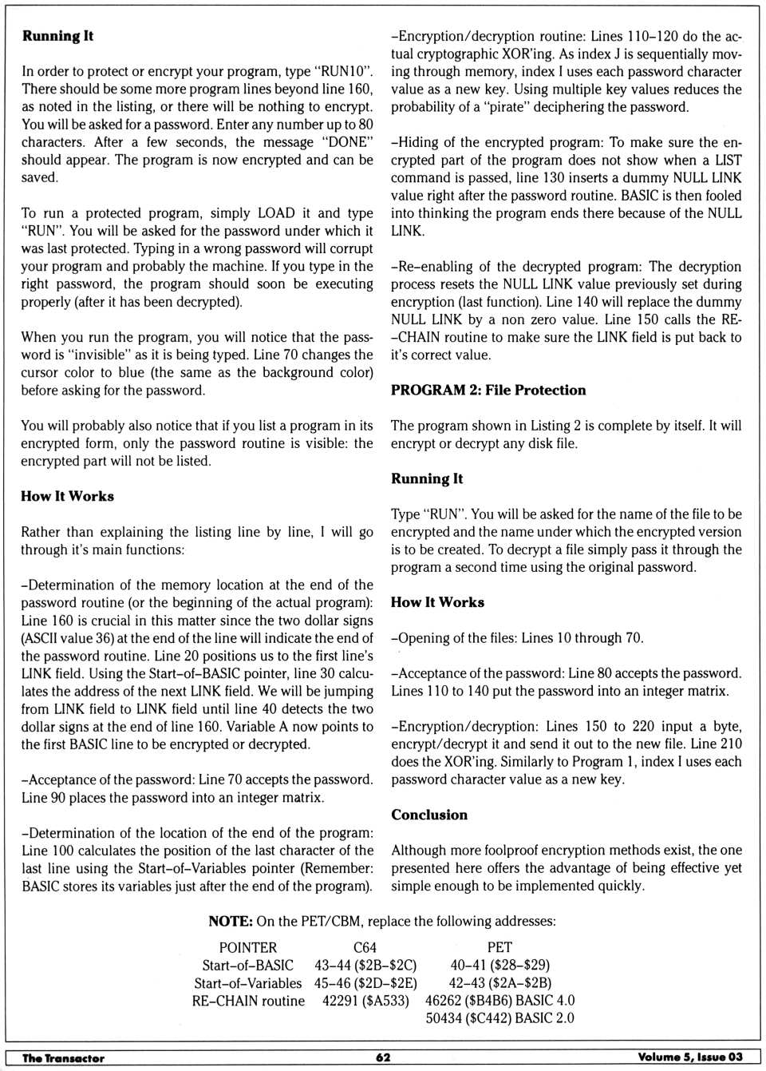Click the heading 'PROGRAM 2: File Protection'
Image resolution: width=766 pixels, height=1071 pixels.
click(x=488, y=391)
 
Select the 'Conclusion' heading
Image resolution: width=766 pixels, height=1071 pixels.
click(x=429, y=815)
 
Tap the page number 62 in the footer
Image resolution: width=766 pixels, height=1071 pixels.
click(x=383, y=1057)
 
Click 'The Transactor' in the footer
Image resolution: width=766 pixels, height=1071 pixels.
click(x=63, y=1058)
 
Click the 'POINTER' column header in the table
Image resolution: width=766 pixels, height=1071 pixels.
click(x=247, y=948)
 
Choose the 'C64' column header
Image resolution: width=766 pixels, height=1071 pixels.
click(x=365, y=948)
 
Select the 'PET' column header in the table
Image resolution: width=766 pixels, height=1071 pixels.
click(x=499, y=948)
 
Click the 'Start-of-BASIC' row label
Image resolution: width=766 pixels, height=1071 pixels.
click(x=247, y=966)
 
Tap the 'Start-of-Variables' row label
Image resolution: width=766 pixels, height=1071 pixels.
click(x=247, y=983)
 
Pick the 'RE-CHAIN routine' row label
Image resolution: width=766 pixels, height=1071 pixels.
click(x=247, y=1001)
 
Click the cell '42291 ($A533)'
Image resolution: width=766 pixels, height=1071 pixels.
click(x=365, y=1001)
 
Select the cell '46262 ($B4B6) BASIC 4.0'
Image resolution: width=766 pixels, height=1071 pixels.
click(x=499, y=1001)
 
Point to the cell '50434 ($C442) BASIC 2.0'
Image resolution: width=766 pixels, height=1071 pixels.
click(x=499, y=1018)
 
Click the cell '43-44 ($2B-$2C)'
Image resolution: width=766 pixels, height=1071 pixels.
click(x=365, y=966)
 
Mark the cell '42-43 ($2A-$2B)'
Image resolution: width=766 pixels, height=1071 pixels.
click(x=499, y=983)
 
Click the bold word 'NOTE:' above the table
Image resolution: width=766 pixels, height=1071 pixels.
click(x=230, y=922)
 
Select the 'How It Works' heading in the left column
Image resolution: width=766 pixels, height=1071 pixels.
click(x=67, y=497)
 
